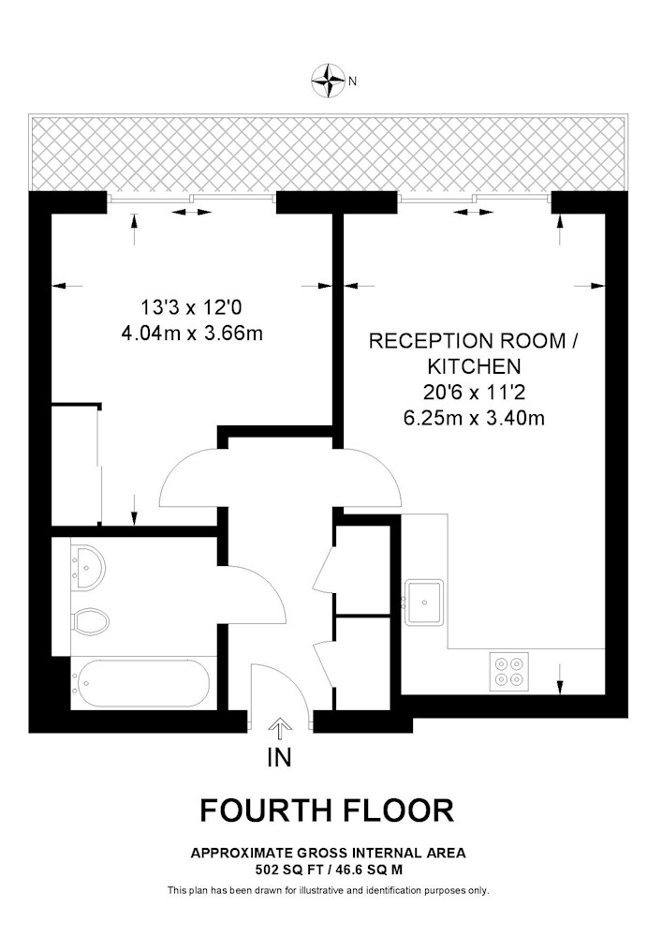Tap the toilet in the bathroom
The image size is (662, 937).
91,621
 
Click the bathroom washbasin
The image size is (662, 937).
88,566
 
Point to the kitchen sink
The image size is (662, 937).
424,602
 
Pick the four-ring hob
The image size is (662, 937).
509,672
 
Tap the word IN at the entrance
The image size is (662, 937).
279,758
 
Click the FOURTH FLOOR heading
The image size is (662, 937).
327,811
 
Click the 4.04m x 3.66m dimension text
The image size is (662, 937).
192,333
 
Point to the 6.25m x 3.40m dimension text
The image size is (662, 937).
474,418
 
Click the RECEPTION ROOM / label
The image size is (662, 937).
474,341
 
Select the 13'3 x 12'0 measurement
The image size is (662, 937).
191,307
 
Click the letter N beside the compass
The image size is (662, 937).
352,82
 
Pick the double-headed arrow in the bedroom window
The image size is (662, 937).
192,212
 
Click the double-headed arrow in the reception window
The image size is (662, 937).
474,212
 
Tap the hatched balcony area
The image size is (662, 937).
329,153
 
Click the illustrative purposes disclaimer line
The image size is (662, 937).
329,890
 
